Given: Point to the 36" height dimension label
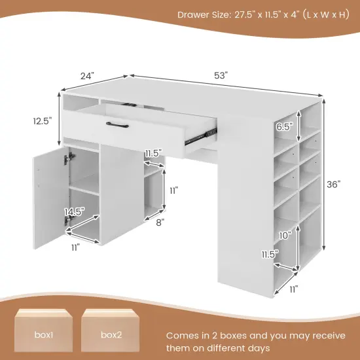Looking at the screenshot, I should pos(334,185).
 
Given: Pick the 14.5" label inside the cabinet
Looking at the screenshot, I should pos(74,211).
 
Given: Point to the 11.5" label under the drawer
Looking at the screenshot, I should pos(153,153).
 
